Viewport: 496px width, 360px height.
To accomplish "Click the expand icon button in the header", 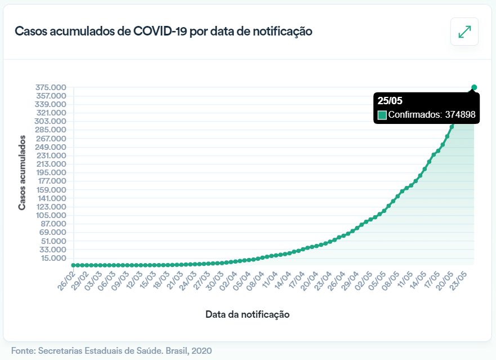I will click(x=464, y=32).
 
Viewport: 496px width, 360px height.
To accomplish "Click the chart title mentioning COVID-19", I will click(x=163, y=31).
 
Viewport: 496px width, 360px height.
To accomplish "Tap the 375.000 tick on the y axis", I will click(x=51, y=87).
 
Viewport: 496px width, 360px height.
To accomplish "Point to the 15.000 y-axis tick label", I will click(x=53, y=258).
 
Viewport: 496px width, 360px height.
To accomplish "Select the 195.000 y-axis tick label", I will click(x=51, y=172).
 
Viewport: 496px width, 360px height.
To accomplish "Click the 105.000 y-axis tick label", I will click(x=51, y=215).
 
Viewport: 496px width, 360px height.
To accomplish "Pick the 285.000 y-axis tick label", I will click(x=51, y=130).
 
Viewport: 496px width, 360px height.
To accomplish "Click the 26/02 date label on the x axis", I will click(x=65, y=280).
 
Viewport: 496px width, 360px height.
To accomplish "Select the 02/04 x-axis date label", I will click(x=229, y=280).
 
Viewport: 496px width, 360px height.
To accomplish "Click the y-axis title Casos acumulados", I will click(x=22, y=172).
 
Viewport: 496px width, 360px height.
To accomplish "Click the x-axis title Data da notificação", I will click(x=247, y=314).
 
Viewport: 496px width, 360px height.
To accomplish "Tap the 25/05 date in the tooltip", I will click(x=390, y=101).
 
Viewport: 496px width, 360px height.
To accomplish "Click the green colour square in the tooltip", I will click(x=382, y=115).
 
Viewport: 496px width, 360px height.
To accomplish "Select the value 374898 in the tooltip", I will click(x=461, y=115).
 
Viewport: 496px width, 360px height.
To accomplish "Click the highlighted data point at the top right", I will click(x=474, y=87).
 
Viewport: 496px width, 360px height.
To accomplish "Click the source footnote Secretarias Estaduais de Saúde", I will click(x=111, y=350).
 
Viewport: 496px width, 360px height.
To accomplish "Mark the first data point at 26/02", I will click(x=73, y=265).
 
